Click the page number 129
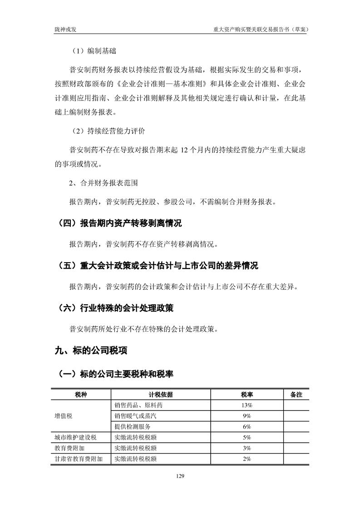(x=180, y=476)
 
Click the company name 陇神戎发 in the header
(x=65, y=29)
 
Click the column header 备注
(x=296, y=394)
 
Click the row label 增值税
(x=64, y=416)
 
